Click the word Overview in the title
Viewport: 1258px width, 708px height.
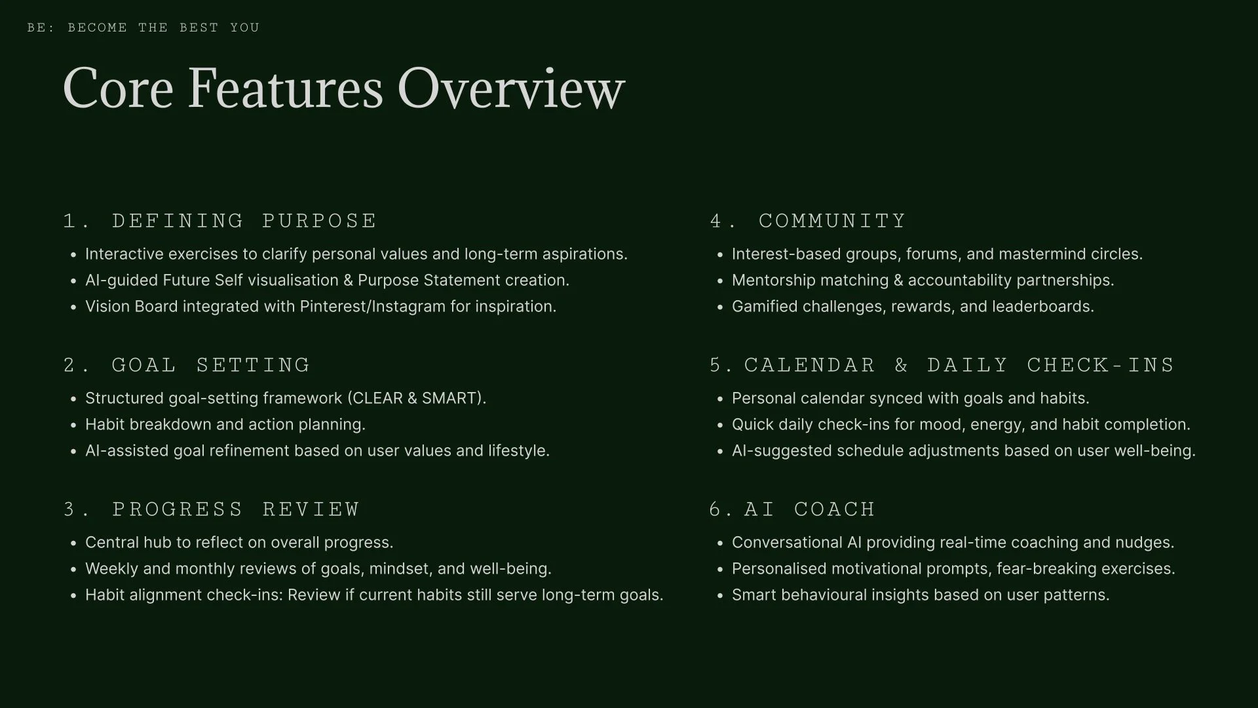(x=511, y=88)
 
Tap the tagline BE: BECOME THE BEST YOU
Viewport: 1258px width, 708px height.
(x=143, y=28)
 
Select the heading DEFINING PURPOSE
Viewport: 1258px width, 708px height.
(x=244, y=221)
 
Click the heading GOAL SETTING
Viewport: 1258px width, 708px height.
(x=210, y=365)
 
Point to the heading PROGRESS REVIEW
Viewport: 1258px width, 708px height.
(x=236, y=509)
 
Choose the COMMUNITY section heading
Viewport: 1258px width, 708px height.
(x=832, y=221)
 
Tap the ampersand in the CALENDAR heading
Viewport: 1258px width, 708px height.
(x=901, y=365)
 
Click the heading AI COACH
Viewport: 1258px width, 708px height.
(x=809, y=509)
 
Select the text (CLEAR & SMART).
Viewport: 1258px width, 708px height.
(x=417, y=399)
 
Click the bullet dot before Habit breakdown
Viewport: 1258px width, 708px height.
(x=73, y=425)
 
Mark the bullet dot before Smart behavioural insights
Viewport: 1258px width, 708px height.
(x=719, y=596)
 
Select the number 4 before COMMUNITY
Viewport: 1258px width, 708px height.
(x=715, y=221)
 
